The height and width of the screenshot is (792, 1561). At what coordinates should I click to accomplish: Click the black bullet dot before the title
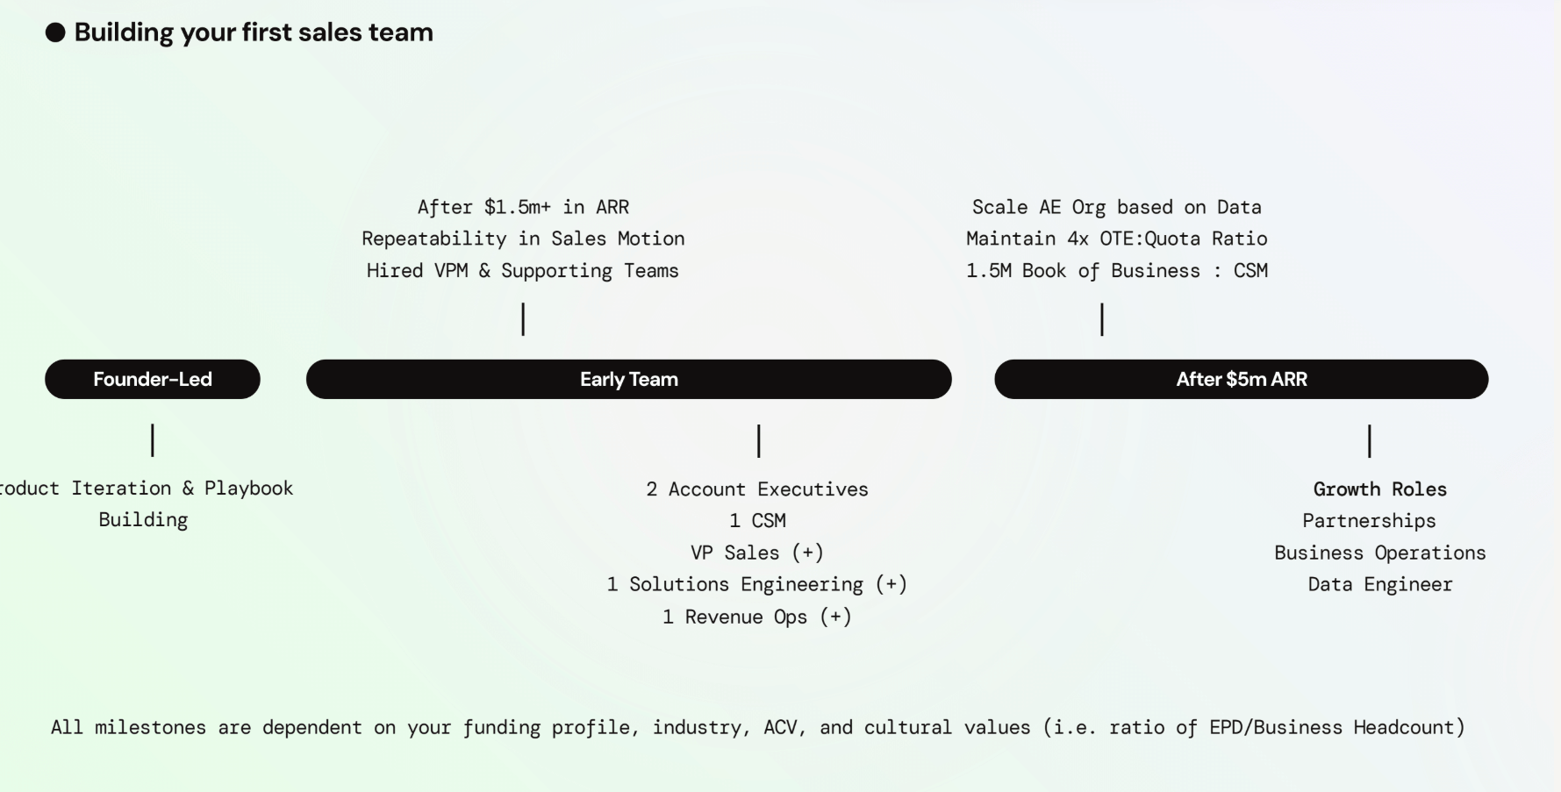(55, 33)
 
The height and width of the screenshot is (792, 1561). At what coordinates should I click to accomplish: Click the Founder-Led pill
(153, 379)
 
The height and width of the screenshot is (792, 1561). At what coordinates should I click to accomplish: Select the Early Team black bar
(628, 379)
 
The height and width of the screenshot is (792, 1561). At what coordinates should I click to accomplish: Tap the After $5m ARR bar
(1241, 379)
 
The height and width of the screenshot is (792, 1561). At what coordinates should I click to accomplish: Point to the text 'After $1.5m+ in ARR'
(523, 207)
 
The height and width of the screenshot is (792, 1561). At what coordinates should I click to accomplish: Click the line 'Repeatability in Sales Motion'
(523, 239)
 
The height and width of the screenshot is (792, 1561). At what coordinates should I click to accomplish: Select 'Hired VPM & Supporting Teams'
(523, 271)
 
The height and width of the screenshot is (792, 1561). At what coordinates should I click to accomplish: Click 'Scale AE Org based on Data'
(1116, 207)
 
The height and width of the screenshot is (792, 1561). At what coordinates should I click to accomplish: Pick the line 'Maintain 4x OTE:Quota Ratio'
(1116, 239)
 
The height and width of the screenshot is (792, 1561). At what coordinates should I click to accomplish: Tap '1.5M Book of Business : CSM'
(1116, 271)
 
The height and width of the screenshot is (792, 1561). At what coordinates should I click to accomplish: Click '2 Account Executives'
(757, 489)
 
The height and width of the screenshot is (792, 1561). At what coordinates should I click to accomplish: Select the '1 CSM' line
(757, 521)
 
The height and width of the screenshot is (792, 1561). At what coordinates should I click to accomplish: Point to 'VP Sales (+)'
(757, 553)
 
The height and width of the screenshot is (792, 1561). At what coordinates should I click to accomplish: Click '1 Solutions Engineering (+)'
(757, 584)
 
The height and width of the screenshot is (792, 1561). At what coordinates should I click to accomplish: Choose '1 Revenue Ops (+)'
(757, 617)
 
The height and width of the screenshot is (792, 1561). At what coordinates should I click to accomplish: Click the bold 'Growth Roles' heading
(1379, 489)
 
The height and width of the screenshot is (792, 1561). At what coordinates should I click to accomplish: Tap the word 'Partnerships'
(1369, 521)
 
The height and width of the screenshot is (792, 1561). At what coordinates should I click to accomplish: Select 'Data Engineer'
(1379, 584)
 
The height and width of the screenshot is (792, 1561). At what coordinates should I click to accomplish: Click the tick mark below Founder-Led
(153, 440)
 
